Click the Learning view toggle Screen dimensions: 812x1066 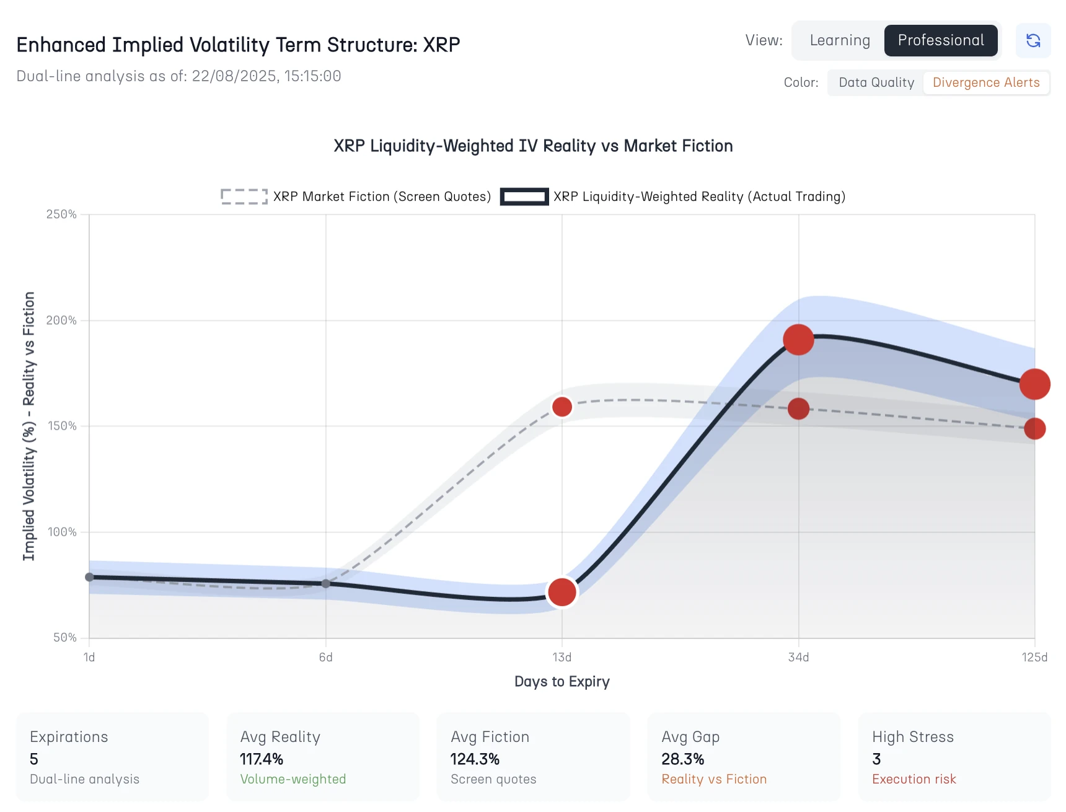(x=839, y=40)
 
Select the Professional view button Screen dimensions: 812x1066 (x=940, y=40)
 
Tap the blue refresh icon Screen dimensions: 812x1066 (x=1033, y=40)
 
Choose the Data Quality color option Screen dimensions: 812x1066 (x=876, y=82)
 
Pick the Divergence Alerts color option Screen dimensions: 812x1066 (x=985, y=82)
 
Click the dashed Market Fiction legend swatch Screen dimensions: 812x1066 (x=244, y=196)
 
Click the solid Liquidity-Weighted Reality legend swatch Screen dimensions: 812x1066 (x=524, y=196)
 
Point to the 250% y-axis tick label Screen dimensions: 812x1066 (x=61, y=214)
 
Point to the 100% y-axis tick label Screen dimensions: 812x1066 (x=61, y=532)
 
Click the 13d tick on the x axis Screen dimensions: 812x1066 (x=562, y=657)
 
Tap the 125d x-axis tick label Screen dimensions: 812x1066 (x=1034, y=657)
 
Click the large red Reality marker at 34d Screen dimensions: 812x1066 (x=798, y=340)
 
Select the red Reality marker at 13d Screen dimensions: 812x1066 (x=562, y=592)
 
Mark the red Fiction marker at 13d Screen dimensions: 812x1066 (x=562, y=407)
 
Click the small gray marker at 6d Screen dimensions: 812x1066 (x=326, y=583)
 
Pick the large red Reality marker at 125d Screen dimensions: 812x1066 (x=1034, y=384)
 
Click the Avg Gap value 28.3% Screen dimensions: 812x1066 (x=682, y=759)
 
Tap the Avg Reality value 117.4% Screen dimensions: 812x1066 (x=262, y=759)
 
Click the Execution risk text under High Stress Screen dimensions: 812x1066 (x=914, y=779)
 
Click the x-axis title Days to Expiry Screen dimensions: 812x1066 (x=562, y=681)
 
